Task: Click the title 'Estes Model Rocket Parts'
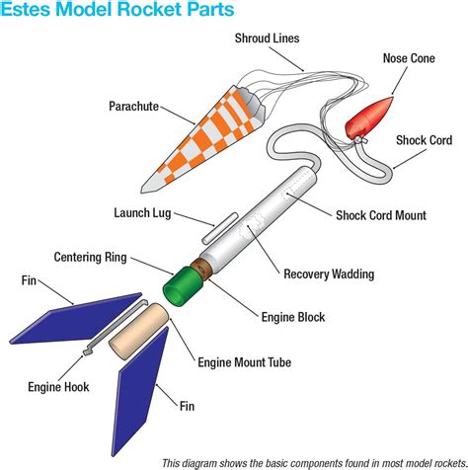[118, 12]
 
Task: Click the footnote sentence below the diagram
[314, 461]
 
